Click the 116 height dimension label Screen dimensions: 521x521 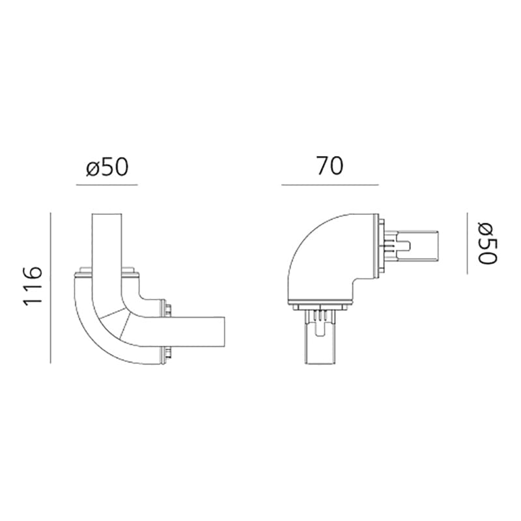point(33,286)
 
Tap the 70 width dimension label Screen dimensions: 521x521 point(330,167)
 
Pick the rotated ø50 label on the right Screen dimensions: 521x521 point(487,243)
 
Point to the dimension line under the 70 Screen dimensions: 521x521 point(330,185)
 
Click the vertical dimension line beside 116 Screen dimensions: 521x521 point(51,287)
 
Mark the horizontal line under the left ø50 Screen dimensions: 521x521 point(107,185)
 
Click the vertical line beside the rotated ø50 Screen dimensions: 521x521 point(467,243)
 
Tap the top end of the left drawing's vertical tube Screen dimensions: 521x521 point(107,216)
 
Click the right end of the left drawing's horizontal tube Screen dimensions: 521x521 point(223,332)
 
